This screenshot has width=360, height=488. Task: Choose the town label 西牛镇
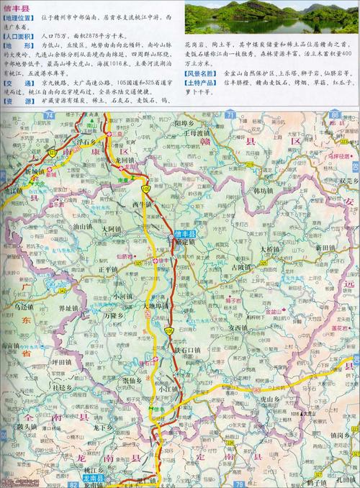(141, 204)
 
